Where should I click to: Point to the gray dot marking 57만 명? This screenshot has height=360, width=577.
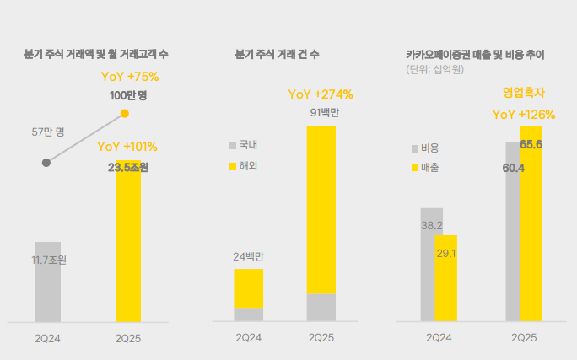click(x=46, y=162)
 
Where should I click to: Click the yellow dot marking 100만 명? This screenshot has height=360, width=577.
click(x=125, y=113)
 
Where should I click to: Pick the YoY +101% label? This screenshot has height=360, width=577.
click(x=127, y=147)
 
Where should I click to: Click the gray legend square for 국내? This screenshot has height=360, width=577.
click(x=233, y=145)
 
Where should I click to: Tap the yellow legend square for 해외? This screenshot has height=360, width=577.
click(x=233, y=166)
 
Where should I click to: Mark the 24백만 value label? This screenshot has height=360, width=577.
click(x=249, y=256)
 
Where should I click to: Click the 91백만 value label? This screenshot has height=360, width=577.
click(x=321, y=113)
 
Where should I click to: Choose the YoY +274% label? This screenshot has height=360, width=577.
click(x=321, y=94)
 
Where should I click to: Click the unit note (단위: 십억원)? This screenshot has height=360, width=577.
click(x=435, y=69)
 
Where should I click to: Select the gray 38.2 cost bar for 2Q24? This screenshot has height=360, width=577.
click(x=431, y=264)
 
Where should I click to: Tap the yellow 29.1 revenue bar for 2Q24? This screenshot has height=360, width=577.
click(x=446, y=278)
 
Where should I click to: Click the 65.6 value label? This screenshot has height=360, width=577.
click(x=531, y=145)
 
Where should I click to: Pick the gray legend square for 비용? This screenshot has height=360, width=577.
click(x=415, y=148)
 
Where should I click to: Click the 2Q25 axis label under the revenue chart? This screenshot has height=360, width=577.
click(x=524, y=337)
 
